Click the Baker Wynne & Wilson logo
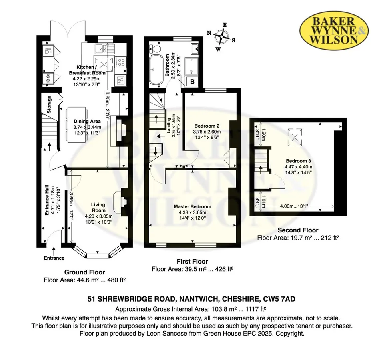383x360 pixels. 334,30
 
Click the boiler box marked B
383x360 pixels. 192,81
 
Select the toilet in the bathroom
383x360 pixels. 155,49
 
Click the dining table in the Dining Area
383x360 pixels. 76,124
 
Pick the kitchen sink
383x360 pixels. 104,48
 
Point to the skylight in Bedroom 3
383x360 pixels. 295,138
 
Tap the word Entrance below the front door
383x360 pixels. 54,258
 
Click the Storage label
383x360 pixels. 49,104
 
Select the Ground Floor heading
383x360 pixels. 84,272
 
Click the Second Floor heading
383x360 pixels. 298,230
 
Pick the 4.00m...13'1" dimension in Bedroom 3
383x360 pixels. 294,206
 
